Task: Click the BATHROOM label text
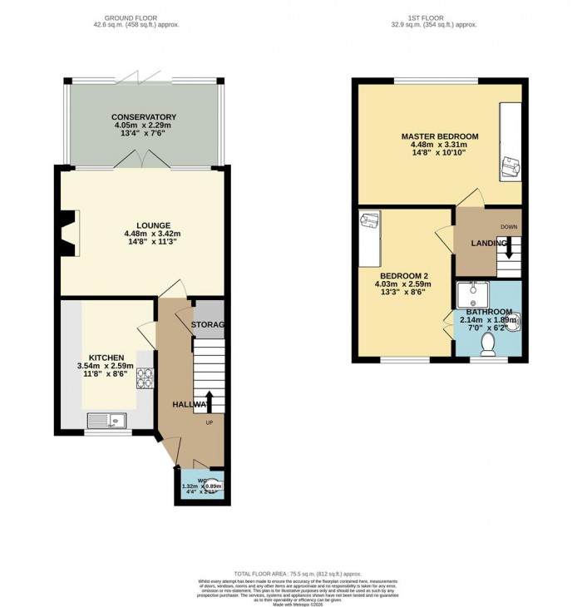coord(488,312)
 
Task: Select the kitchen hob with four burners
coord(146,379)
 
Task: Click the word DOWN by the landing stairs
coord(509,226)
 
